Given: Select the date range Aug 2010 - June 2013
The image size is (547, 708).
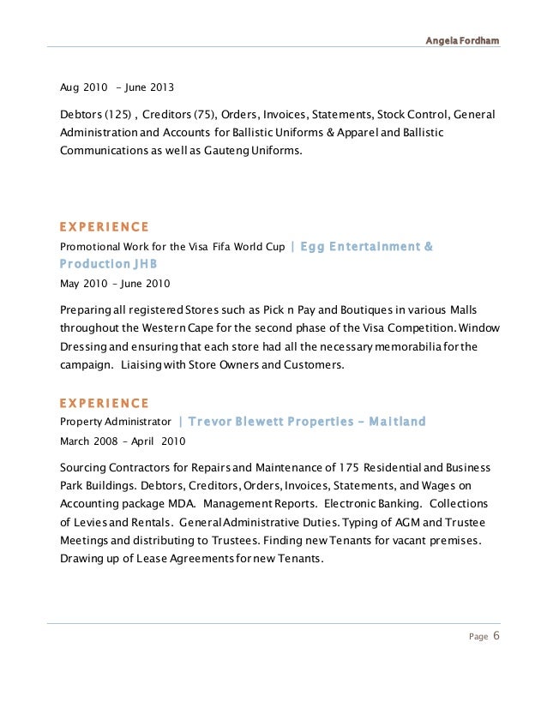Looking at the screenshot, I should click(117, 87).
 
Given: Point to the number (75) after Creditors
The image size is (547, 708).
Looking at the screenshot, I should click(205, 115).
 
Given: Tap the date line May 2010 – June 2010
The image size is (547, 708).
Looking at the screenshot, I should click(115, 283).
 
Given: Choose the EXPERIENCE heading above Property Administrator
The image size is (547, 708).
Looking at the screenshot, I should click(104, 403).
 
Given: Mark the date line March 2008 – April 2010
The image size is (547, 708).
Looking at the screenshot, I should click(123, 441).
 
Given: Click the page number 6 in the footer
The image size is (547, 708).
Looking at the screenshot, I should click(496, 636).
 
